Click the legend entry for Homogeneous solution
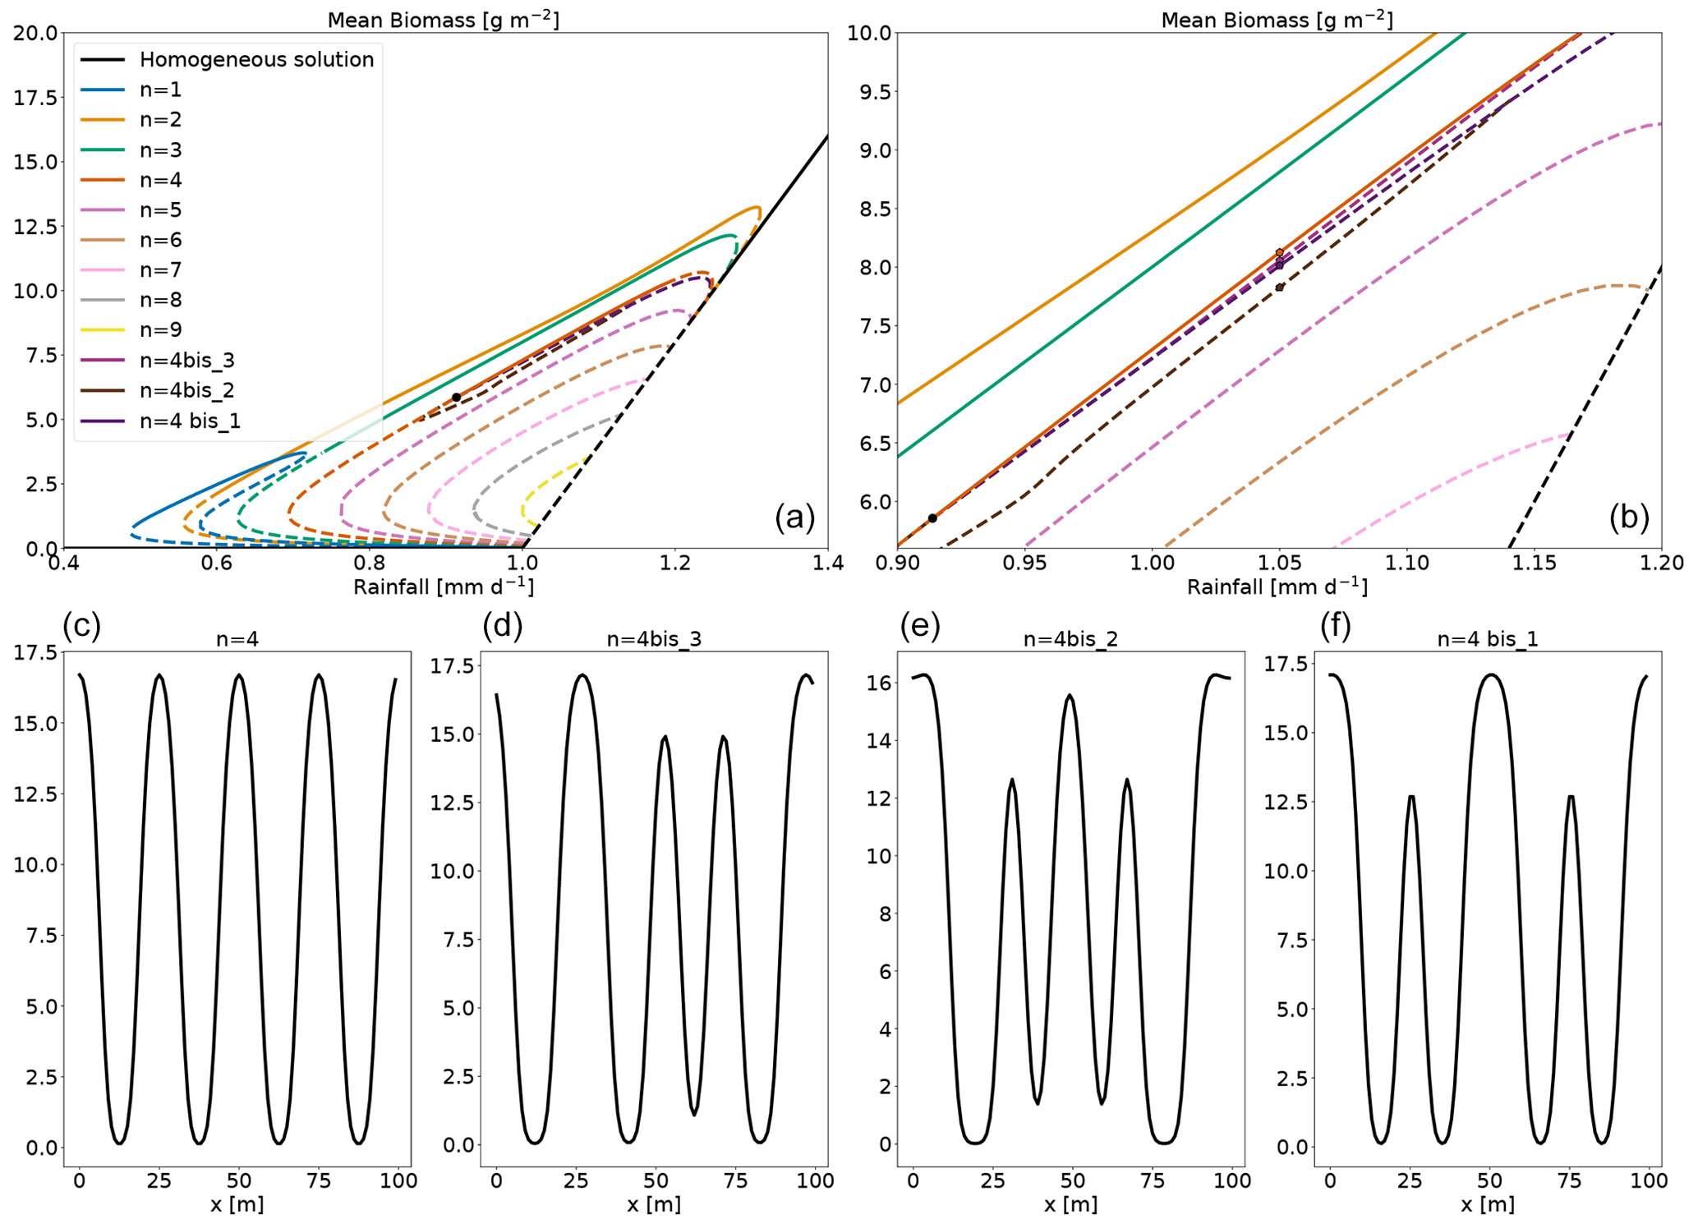click(x=256, y=60)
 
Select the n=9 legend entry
click(x=160, y=330)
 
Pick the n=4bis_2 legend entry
click(x=187, y=390)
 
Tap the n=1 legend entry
click(x=160, y=90)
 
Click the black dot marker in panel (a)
click(x=456, y=398)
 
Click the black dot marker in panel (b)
click(x=932, y=518)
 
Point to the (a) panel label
click(x=794, y=518)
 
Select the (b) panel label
click(x=1629, y=518)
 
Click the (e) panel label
click(x=920, y=626)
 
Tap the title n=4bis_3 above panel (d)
click(x=654, y=639)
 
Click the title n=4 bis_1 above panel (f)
click(x=1488, y=639)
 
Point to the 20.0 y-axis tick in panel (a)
click(x=35, y=33)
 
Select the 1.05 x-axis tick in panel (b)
click(x=1279, y=564)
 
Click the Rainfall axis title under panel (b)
click(x=1277, y=587)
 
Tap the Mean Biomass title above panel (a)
click(x=444, y=20)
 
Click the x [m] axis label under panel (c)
click(x=237, y=1204)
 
